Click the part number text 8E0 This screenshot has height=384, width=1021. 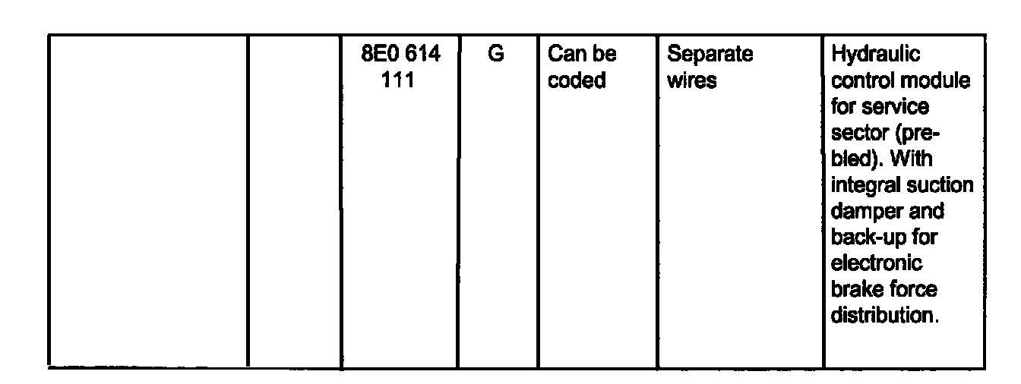pyautogui.click(x=377, y=55)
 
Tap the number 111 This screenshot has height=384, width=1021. pyautogui.click(x=398, y=80)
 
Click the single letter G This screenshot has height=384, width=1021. pyautogui.click(x=495, y=55)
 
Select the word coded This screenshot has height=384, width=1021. pyautogui.click(x=577, y=80)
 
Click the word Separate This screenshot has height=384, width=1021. pyautogui.click(x=710, y=55)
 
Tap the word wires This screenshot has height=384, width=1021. pyautogui.click(x=691, y=80)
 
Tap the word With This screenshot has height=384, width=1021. pyautogui.click(x=912, y=159)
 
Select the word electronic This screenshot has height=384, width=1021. pyautogui.click(x=876, y=263)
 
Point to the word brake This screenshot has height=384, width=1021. pyautogui.click(x=854, y=289)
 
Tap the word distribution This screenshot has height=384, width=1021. pyautogui.click(x=881, y=316)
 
